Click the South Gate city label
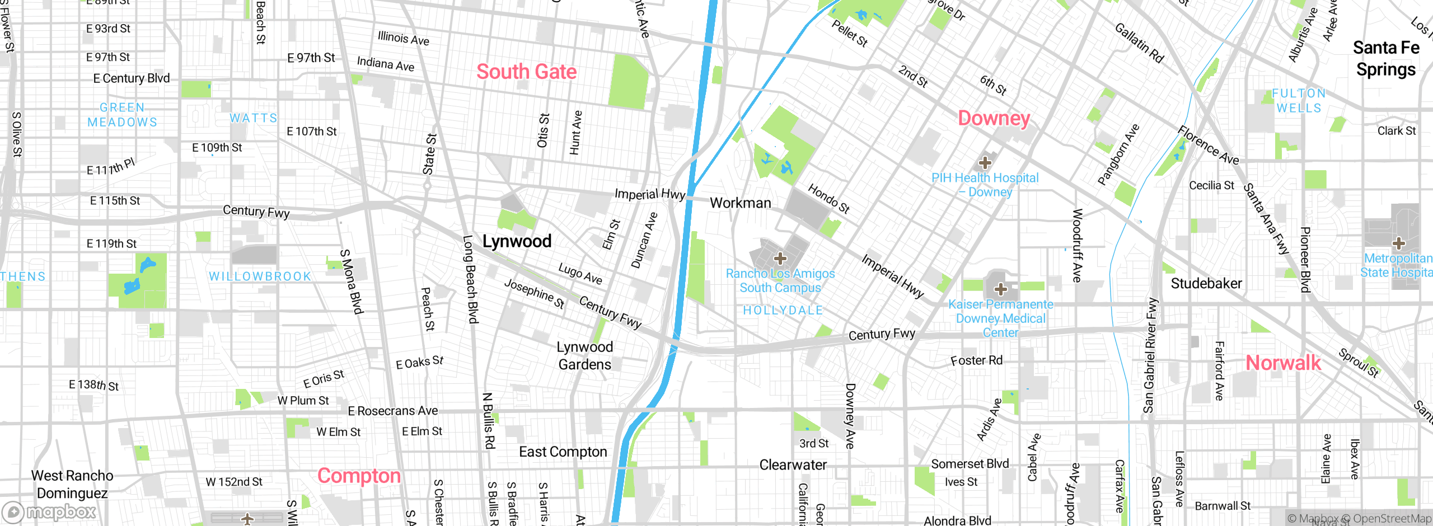pos(526,72)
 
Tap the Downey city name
pos(994,118)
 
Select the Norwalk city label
pos(1283,363)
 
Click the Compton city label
pos(359,476)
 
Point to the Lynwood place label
pos(517,241)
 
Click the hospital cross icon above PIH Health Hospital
pos(985,163)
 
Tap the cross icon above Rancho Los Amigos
pos(780,259)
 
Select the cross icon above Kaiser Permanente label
pos(1001,289)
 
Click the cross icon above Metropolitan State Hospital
pos(1398,243)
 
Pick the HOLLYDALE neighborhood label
pos(783,310)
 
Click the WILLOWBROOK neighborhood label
pos(260,276)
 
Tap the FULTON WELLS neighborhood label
pos(1299,101)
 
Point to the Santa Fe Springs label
pos(1386,59)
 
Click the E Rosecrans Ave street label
pos(393,411)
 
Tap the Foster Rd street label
pos(976,360)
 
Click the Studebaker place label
pos(1206,284)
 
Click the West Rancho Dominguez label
pos(72,484)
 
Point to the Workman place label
pos(740,203)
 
